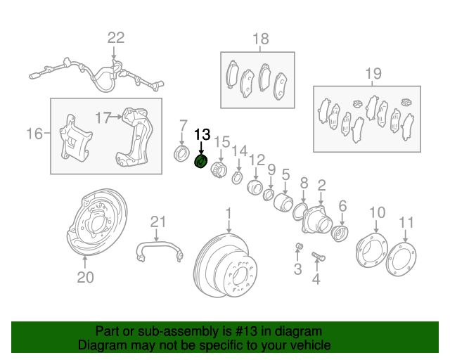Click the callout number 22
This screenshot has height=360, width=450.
[x=115, y=38]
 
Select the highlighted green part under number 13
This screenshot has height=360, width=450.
[x=201, y=162]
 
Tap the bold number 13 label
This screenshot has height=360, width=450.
[x=202, y=134]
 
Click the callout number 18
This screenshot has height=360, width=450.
[x=261, y=39]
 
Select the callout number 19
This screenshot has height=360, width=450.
[x=373, y=73]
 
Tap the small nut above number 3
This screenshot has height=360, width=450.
[x=298, y=245]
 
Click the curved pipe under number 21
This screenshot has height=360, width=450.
[x=160, y=248]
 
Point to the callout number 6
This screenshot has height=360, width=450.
[x=342, y=205]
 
